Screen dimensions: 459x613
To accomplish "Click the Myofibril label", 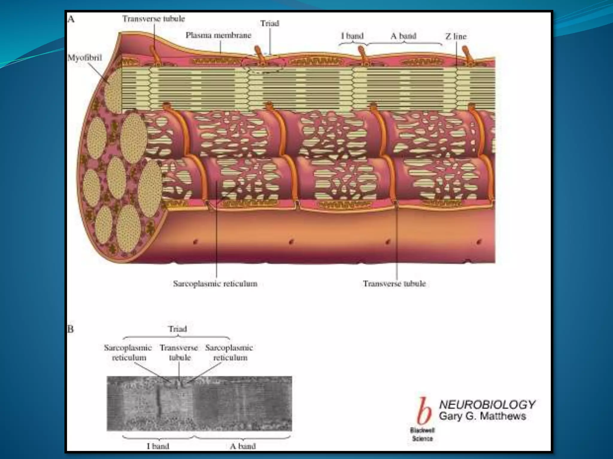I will tap(85, 58).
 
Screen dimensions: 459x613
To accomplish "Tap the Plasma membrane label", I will tap(219, 35).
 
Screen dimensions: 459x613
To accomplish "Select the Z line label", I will tap(456, 36).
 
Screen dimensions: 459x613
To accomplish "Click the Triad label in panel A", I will tap(269, 23).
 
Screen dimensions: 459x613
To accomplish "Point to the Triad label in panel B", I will tap(177, 329).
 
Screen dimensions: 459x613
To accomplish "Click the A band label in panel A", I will tap(403, 36).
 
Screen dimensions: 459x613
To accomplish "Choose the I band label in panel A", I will tap(352, 36).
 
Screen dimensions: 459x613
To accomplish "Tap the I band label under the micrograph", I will tap(158, 446).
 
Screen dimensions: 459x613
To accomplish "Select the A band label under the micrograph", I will tap(243, 446).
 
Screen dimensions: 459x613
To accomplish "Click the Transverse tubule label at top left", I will tap(154, 19).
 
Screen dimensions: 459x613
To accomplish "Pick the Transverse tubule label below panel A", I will tap(394, 284).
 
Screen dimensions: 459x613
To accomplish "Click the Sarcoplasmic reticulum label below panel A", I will tap(215, 284).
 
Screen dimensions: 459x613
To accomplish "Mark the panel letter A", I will tap(71, 19).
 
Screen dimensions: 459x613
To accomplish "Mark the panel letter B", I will tap(70, 329).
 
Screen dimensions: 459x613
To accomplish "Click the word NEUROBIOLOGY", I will tap(487, 405).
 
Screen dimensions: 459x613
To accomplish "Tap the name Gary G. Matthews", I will tap(482, 416).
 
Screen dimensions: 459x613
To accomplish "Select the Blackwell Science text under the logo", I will tap(422, 434).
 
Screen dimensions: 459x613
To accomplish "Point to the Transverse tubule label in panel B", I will tap(179, 353).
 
